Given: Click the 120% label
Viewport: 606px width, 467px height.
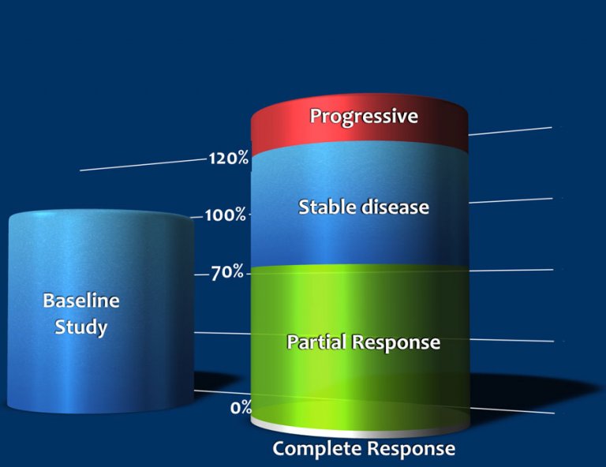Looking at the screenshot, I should (228, 159).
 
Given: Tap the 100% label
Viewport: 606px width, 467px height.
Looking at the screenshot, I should (225, 215).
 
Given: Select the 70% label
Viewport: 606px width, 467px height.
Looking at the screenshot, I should (227, 274).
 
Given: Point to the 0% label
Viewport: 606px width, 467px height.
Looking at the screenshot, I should (241, 408).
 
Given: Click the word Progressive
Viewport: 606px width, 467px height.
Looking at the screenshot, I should (363, 117).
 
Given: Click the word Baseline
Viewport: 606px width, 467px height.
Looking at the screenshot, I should (81, 301).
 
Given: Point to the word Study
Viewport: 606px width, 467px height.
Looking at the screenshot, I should (80, 327).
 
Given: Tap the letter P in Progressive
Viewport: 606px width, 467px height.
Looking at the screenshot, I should (315, 116).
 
